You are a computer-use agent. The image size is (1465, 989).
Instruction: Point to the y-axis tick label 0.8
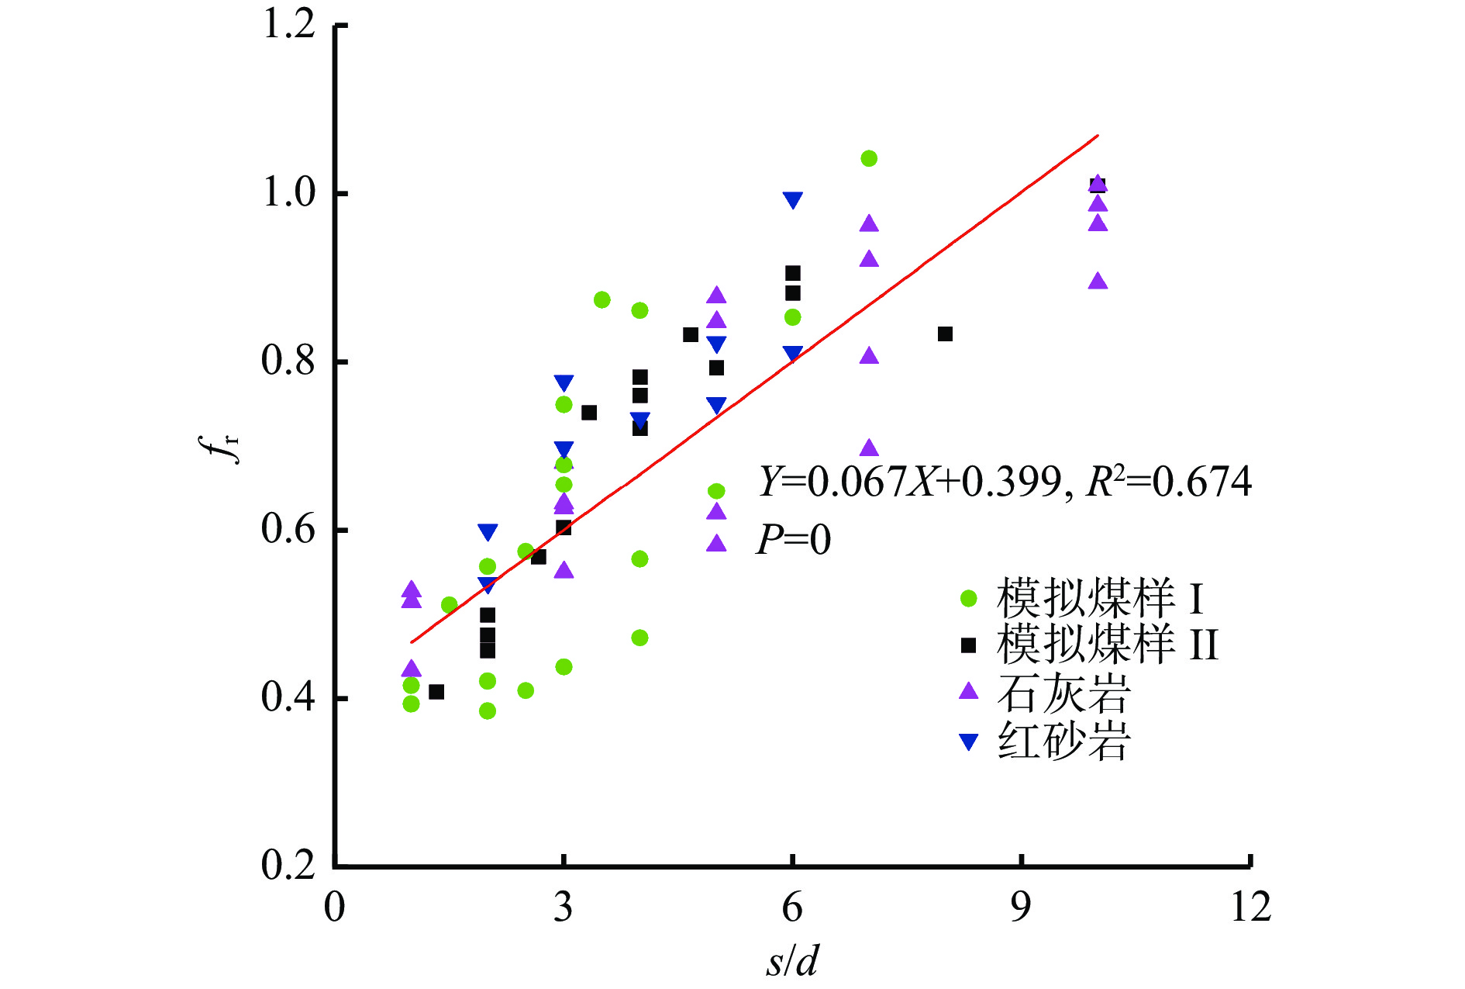(288, 361)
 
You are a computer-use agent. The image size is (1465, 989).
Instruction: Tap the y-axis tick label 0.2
(288, 865)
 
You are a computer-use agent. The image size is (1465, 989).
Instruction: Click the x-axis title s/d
(792, 962)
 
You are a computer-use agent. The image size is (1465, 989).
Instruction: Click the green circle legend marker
(969, 598)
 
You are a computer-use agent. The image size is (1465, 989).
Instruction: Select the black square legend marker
(969, 645)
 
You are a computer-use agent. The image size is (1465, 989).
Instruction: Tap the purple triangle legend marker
(969, 691)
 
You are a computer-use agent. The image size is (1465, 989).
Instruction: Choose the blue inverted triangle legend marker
(969, 742)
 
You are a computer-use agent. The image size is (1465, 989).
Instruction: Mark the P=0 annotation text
(793, 540)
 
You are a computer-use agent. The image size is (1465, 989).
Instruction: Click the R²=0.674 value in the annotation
(1169, 482)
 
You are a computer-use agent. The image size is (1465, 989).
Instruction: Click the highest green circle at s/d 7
(869, 158)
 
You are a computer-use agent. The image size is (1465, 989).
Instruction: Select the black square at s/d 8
(945, 334)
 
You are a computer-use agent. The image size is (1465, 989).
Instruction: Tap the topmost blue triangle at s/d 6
(792, 199)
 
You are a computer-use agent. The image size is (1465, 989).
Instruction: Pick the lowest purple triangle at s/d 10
(1098, 282)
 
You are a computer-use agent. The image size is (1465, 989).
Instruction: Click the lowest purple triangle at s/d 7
(869, 448)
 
